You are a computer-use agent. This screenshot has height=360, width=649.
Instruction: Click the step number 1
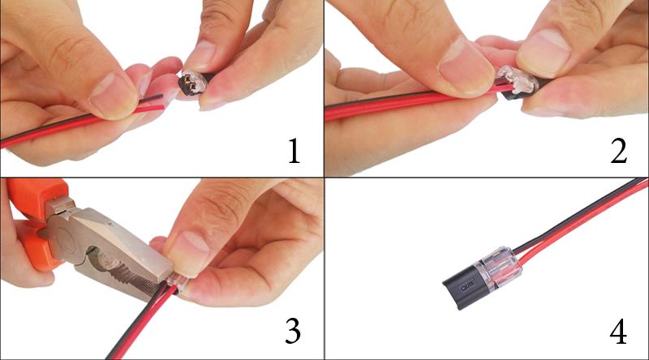pos(294,151)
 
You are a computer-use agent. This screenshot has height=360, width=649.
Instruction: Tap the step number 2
pos(619,151)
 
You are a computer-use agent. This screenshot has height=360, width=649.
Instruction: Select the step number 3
pos(293,331)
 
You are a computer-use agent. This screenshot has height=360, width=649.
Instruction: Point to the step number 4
pos(618,331)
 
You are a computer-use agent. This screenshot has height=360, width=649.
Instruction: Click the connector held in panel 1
pos(196,82)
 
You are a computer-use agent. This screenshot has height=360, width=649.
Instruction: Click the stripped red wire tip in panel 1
pos(158,108)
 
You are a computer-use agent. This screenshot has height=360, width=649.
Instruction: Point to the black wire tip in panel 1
pos(157,97)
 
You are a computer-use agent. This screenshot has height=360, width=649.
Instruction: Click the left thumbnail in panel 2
pos(465,71)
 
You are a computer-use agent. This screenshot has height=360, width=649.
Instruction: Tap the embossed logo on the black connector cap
pos(467,285)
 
